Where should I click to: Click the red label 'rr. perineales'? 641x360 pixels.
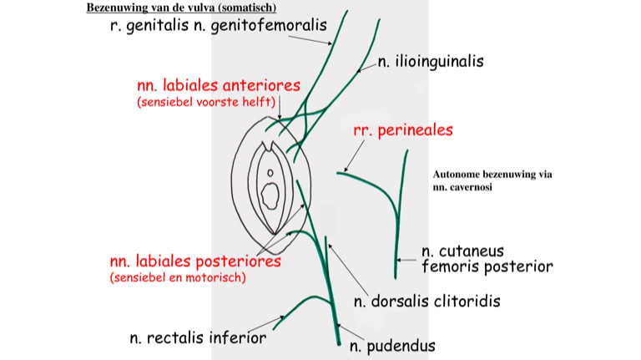point(402,129)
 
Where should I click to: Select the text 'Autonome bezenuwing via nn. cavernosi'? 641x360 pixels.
point(492,181)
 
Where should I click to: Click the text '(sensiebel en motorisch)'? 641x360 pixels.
point(178,277)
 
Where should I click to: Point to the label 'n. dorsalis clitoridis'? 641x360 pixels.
point(426,301)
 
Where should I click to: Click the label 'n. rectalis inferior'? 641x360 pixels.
point(198,337)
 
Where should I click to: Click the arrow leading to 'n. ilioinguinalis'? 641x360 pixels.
point(366,66)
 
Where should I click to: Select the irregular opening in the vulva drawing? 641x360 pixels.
point(270,196)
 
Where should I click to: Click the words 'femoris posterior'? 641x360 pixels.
point(487,267)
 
